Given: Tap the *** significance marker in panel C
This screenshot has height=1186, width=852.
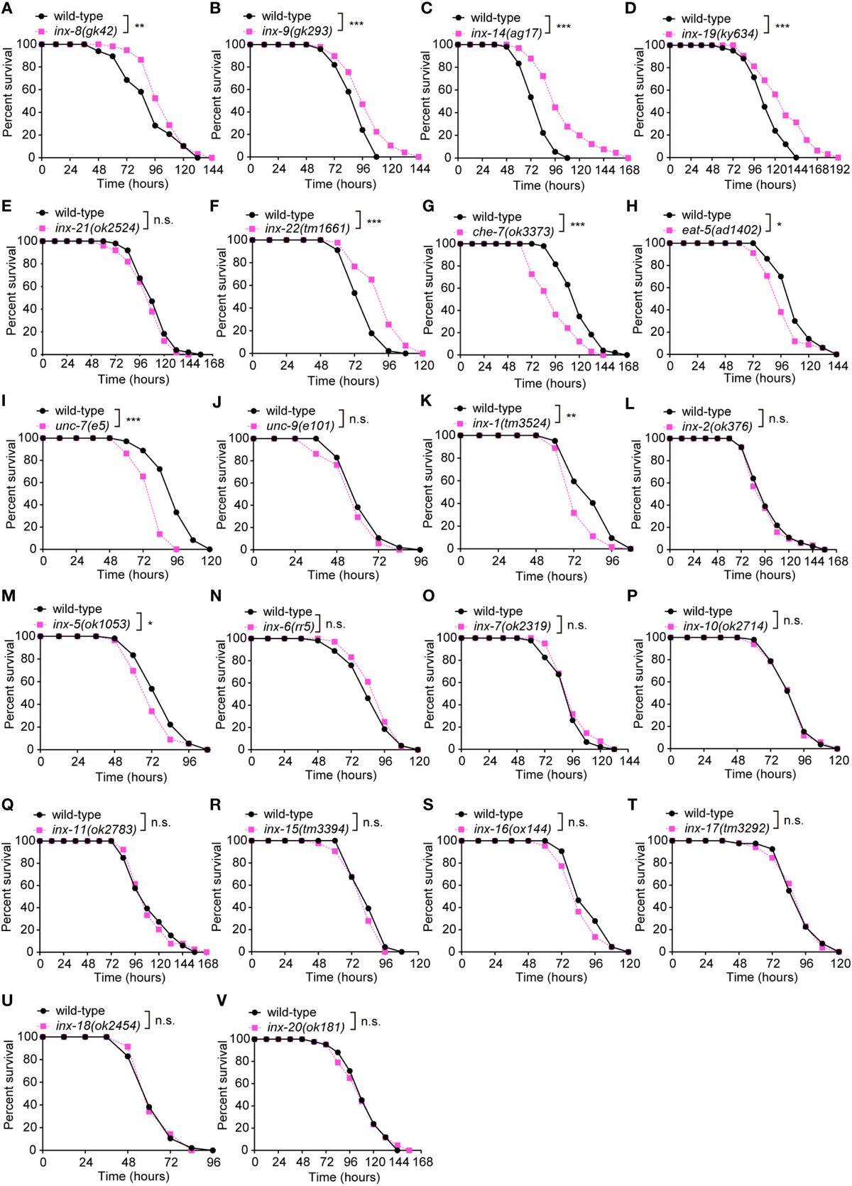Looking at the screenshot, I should point(563,27).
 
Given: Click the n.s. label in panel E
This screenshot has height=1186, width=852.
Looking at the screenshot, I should point(163,221).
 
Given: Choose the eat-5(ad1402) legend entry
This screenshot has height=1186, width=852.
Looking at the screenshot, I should point(721,229).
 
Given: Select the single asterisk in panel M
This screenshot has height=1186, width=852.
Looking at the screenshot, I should point(150,624).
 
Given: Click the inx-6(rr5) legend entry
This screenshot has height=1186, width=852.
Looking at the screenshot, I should point(288,626).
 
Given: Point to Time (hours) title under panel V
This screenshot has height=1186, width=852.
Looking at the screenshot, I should point(344,1177).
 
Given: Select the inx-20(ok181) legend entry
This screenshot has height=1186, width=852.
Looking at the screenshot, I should point(305,1027).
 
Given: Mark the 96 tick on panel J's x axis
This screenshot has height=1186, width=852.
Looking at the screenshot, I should point(420,561).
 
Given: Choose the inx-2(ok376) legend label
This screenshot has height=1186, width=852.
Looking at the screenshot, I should point(717,426).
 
